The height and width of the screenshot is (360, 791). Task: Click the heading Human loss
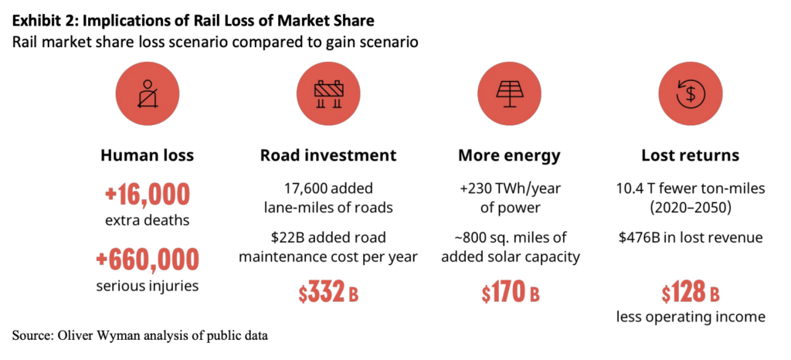click(x=148, y=155)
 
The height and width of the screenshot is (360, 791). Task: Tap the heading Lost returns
click(x=690, y=155)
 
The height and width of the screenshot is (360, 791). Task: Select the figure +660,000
click(x=148, y=260)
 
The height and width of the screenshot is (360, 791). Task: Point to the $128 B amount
click(x=690, y=294)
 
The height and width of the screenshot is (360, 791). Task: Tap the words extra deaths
click(x=148, y=221)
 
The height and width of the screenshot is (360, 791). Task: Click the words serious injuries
click(x=148, y=287)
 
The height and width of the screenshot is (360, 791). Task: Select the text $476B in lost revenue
click(x=690, y=236)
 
